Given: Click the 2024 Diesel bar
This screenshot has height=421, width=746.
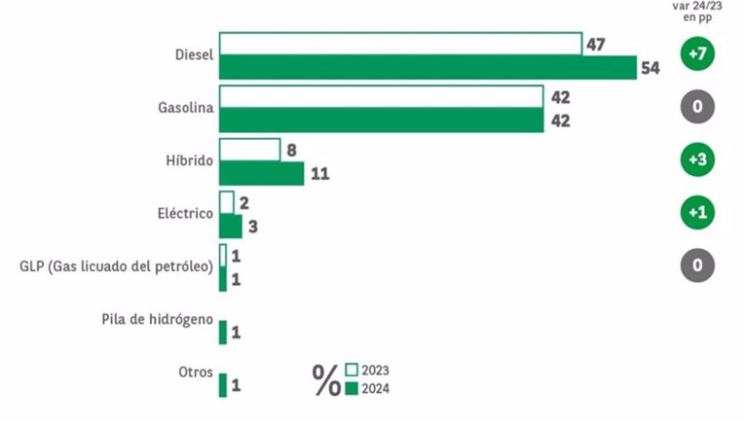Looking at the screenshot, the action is (x=428, y=67).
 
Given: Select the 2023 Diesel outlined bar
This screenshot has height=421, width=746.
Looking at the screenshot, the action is (x=401, y=44).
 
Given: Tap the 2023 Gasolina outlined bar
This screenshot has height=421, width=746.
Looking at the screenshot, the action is (x=381, y=97).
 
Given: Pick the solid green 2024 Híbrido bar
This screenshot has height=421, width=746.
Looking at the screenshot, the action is (x=261, y=173).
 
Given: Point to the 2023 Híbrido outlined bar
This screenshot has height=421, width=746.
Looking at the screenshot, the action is (x=250, y=150).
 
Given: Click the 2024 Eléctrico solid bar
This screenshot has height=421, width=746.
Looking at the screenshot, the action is (x=230, y=226).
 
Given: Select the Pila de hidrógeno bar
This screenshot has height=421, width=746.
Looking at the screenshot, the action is (x=223, y=332).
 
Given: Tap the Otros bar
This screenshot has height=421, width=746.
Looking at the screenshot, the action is (x=223, y=385).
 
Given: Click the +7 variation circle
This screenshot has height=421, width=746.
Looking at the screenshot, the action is (x=697, y=54).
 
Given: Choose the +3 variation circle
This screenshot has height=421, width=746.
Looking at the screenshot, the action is (x=697, y=160).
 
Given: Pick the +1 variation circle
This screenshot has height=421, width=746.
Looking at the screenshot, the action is (x=697, y=212).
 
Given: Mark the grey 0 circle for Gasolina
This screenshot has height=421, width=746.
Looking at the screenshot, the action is (x=697, y=106).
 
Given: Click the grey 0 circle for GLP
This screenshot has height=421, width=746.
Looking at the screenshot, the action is (x=697, y=265).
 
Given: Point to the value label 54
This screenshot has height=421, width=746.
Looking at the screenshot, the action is (x=650, y=68).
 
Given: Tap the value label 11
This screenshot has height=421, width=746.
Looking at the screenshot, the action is (x=319, y=173).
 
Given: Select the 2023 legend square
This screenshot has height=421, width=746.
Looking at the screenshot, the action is (x=352, y=369).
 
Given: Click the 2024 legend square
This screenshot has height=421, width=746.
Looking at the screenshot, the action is (x=352, y=388).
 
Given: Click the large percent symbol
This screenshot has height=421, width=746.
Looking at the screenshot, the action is (x=326, y=380).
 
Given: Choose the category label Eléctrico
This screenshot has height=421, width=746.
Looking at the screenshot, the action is (x=186, y=213).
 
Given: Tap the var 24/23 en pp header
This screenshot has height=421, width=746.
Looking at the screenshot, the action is (x=697, y=11).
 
